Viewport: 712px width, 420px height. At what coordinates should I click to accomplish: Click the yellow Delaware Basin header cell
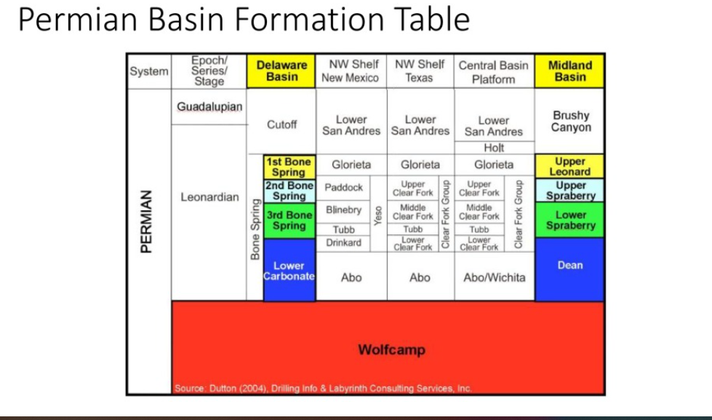point(281,71)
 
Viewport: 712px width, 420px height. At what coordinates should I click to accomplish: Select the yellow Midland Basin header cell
point(569,71)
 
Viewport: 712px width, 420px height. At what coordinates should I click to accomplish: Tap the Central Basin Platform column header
point(493,71)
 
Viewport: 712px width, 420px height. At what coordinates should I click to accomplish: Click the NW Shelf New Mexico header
point(350,71)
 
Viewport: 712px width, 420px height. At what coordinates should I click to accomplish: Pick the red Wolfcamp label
point(391,350)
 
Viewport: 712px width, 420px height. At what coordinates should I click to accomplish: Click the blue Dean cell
point(569,266)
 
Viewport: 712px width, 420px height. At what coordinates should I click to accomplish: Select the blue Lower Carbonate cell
point(289,271)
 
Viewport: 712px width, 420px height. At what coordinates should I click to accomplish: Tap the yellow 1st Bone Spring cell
point(289,167)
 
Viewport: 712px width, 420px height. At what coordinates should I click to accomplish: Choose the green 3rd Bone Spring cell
point(289,221)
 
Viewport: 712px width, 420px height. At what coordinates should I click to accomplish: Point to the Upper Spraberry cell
point(570,191)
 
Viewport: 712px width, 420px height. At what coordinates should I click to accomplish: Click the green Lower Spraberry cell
point(570,220)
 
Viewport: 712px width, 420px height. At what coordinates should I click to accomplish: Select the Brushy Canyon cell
point(570,121)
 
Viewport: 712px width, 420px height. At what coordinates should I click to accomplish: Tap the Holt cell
point(493,148)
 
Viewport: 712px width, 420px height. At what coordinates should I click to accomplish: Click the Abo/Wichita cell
point(493,277)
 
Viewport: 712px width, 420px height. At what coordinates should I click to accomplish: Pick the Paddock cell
point(343,187)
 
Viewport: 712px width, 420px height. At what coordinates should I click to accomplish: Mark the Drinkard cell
point(343,242)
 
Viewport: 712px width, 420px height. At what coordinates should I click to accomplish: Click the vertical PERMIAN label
point(146,222)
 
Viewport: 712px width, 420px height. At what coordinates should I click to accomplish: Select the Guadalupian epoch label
point(209,107)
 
